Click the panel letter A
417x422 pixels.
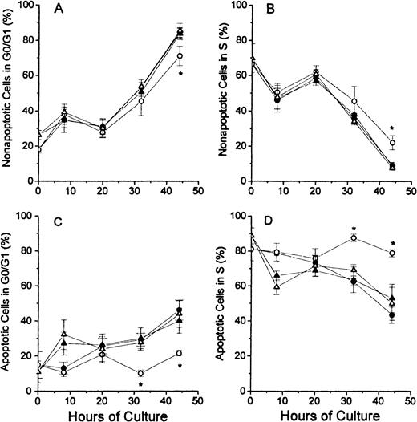pos(60,14)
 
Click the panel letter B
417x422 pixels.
pos(274,14)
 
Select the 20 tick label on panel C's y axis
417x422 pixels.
pos(26,356)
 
